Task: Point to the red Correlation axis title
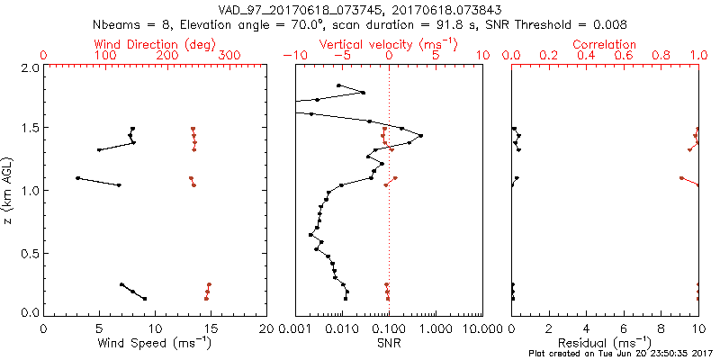pyautogui.click(x=605, y=44)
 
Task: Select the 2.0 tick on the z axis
pyautogui.click(x=29, y=67)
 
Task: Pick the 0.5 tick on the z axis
pyautogui.click(x=29, y=252)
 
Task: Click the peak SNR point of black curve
pyautogui.click(x=420, y=136)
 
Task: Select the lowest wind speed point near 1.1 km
pyautogui.click(x=78, y=178)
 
